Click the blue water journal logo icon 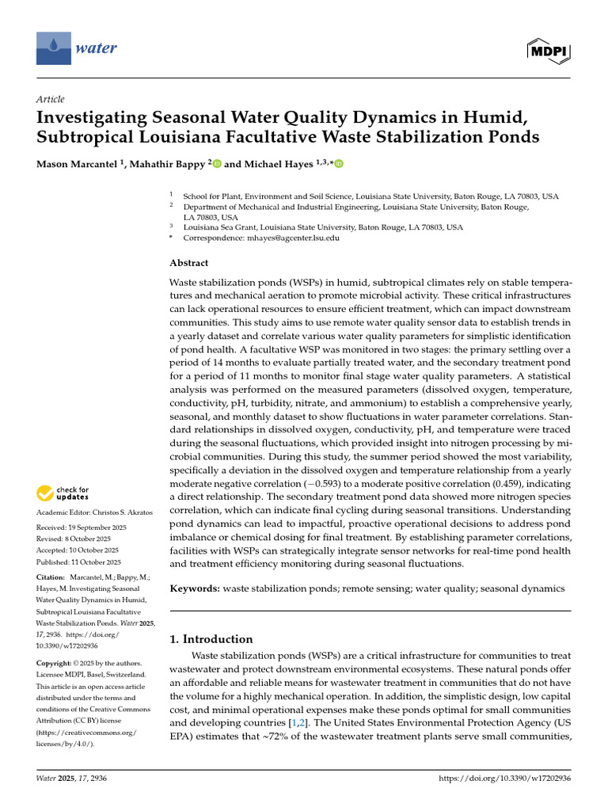53,48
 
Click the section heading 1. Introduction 211,639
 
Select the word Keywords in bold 195,588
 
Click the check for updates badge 63,494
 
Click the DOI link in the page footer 504,779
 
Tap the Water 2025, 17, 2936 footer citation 72,779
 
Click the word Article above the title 50,99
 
